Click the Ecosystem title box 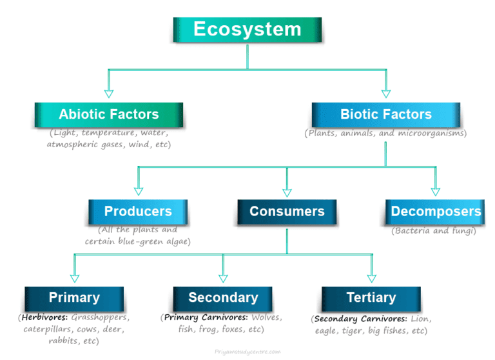247,30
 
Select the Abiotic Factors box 108,114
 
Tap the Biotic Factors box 385,114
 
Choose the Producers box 138,211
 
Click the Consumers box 287,211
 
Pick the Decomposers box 436,211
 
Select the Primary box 74,298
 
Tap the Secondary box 223,298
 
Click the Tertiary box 371,298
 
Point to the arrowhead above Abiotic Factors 108,94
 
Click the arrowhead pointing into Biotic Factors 386,94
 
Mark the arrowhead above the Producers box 138,191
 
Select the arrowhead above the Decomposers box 436,191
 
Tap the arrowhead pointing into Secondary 223,278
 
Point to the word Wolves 266,317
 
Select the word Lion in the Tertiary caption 420,319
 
